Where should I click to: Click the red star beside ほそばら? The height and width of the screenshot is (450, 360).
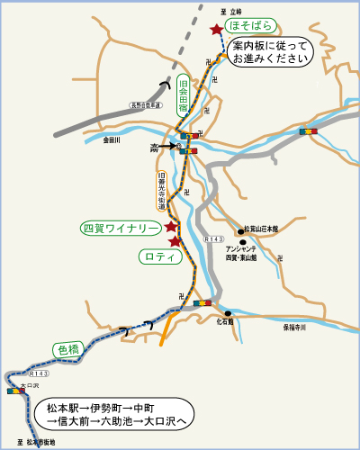tap(216, 30)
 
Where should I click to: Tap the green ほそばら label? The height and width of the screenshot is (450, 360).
tap(250, 25)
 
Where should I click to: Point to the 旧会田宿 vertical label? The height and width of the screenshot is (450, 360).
tap(184, 93)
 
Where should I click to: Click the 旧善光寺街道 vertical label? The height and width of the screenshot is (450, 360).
tap(162, 192)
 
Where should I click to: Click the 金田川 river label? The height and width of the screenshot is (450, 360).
tap(112, 139)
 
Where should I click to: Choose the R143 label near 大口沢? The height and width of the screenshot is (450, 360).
tap(39, 373)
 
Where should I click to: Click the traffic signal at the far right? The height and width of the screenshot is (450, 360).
tap(309, 131)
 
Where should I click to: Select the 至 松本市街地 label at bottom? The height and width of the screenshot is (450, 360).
tap(37, 442)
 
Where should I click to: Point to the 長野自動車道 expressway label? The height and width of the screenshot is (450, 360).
tap(144, 104)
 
